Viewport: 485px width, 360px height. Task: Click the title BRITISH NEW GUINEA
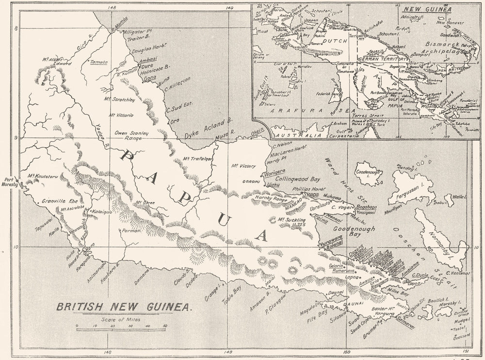(x=124, y=307)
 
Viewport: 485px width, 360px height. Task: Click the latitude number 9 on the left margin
(x=16, y=138)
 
